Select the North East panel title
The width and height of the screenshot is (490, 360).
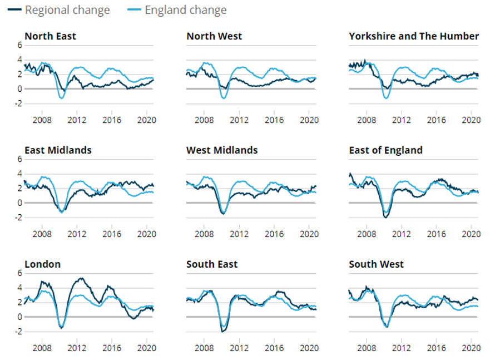click(50, 36)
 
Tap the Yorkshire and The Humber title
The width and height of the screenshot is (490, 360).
click(413, 36)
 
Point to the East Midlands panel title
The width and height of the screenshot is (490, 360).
click(58, 150)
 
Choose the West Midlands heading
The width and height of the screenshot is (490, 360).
click(222, 150)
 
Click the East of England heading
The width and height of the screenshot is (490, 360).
click(385, 150)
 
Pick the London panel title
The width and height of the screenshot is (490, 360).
click(42, 264)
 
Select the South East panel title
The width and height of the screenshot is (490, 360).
click(212, 264)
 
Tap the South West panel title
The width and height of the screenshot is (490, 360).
click(376, 264)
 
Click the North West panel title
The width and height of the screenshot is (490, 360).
click(214, 36)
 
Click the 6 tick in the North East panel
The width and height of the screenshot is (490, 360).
click(19, 45)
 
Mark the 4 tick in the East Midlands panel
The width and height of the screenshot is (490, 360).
click(19, 174)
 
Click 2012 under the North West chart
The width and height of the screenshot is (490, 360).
click(239, 120)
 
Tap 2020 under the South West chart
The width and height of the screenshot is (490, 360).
click(471, 348)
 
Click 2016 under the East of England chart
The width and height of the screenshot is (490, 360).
click(437, 234)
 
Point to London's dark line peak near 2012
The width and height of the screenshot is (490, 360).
click(81, 278)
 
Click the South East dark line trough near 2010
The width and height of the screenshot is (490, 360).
click(222, 332)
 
